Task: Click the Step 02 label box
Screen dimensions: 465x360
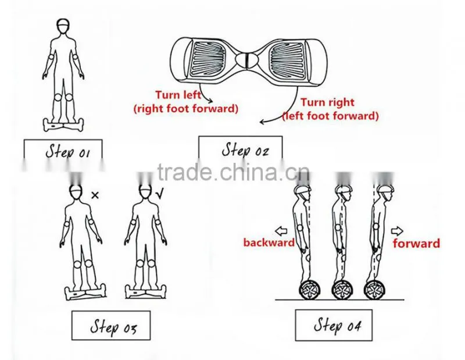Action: click(240, 148)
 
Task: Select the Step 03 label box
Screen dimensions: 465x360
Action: click(111, 325)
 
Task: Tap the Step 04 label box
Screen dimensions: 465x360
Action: click(334, 325)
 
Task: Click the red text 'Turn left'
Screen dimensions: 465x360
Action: click(178, 95)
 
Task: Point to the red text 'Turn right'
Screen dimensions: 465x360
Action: click(327, 102)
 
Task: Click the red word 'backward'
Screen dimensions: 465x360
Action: click(269, 243)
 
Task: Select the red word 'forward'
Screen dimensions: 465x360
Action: click(416, 243)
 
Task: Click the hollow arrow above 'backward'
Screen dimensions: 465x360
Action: click(281, 231)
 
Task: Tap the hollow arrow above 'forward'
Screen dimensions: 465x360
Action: click(397, 231)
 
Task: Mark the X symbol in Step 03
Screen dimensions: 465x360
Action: click(95, 195)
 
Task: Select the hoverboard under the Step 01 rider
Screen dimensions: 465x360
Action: click(63, 124)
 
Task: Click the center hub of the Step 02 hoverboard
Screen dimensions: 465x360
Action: click(247, 60)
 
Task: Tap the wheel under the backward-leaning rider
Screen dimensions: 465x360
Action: click(310, 290)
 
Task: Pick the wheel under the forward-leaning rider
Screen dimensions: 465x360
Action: click(374, 290)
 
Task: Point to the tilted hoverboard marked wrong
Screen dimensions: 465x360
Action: click(85, 293)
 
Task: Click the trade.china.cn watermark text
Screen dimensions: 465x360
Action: click(233, 172)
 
